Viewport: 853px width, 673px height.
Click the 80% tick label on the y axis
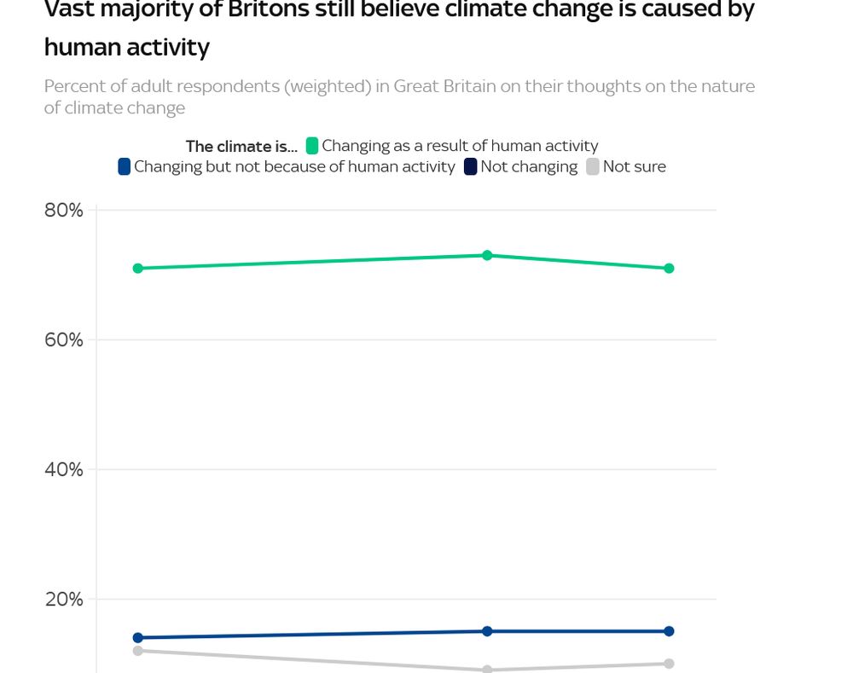[x=63, y=210]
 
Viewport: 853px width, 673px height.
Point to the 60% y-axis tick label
[x=63, y=339]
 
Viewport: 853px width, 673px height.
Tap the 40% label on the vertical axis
[x=63, y=469]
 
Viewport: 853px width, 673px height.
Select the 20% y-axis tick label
[x=63, y=599]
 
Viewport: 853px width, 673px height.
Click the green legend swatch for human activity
[x=312, y=146]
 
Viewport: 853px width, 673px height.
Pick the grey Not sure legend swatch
[x=593, y=166]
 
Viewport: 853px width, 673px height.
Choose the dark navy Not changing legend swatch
[x=471, y=166]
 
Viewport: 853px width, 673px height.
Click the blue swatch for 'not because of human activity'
[x=125, y=166]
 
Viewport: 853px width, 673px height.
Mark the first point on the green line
[x=137, y=268]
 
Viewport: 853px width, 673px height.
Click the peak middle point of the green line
[x=487, y=255]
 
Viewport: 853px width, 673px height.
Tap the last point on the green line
[x=669, y=268]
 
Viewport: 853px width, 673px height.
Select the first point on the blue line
[x=137, y=637]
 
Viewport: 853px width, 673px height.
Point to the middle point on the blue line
[x=487, y=631]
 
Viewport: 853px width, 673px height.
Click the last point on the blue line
[x=669, y=631]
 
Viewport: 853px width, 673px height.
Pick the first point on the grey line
[x=137, y=651]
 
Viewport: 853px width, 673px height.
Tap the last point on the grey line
[x=669, y=664]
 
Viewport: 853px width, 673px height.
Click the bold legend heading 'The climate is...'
[x=241, y=146]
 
